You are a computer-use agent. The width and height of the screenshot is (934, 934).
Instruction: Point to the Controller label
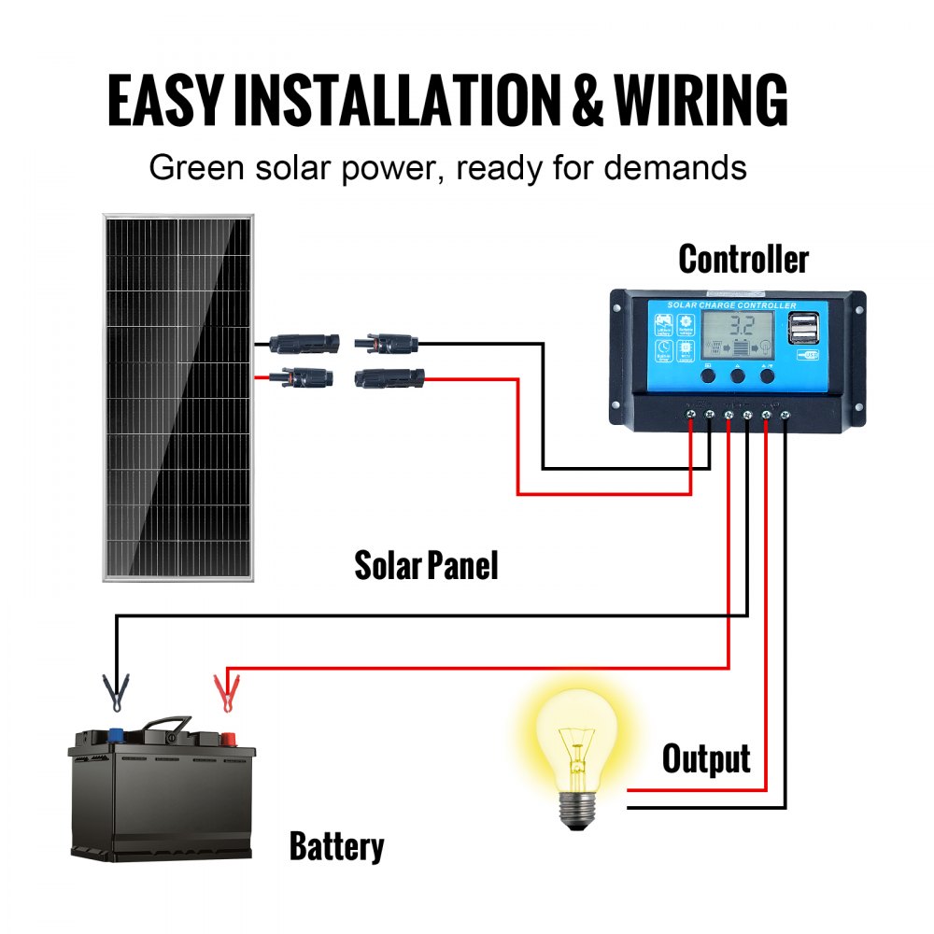[x=743, y=259]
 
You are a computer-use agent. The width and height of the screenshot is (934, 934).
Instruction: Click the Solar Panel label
[x=426, y=565]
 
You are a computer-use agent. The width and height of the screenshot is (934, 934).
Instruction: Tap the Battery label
[x=336, y=847]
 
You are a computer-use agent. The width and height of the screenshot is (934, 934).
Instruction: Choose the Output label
[x=706, y=758]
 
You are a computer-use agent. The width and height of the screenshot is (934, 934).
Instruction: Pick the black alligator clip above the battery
[x=116, y=692]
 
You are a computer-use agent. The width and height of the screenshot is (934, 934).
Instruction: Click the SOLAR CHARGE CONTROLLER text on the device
[x=731, y=305]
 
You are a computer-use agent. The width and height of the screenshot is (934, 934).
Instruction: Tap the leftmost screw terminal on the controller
[x=691, y=414]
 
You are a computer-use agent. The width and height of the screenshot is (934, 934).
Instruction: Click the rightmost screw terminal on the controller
[x=785, y=414]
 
